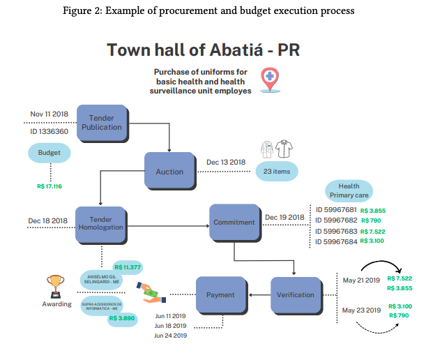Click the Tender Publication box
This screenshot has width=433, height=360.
tap(102, 122)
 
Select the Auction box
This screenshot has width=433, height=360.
tap(169, 171)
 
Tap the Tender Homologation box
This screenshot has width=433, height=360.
tap(102, 223)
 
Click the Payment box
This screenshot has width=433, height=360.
tap(220, 295)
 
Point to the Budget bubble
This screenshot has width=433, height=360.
tap(50, 153)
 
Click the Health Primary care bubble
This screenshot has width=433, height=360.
tap(349, 191)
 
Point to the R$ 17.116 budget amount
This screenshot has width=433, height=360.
tap(50, 186)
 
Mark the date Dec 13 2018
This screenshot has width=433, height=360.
tap(226, 162)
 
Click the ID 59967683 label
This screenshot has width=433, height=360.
tap(336, 231)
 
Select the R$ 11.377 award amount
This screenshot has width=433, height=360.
tap(128, 267)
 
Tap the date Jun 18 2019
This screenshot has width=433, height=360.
tap(170, 326)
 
